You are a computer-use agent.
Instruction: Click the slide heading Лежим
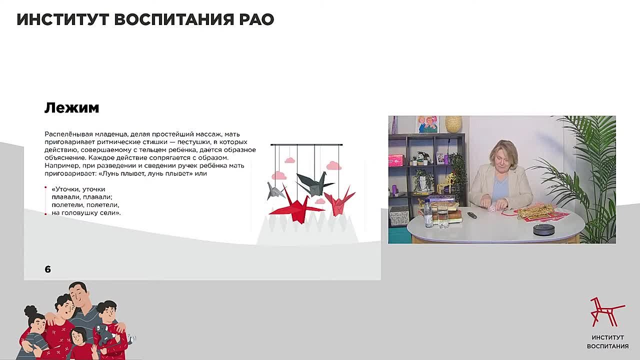pos(71,107)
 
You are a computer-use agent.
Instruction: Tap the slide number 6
pos(48,269)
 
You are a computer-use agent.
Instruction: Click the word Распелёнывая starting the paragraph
pos(66,134)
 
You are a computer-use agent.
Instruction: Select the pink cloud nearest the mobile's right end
pos(333,166)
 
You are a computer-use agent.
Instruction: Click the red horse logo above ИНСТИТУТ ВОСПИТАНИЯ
pos(606,311)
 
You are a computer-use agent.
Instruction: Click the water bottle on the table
pos(428,214)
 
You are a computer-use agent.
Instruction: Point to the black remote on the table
pos(471,215)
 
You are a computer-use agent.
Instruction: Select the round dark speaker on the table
pos(543,229)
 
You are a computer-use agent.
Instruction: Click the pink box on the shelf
pos(395,160)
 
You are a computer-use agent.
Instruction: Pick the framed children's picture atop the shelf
pos(427,124)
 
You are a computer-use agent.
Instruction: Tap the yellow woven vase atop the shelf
pos(453,124)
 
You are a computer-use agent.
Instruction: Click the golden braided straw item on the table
pos(535,211)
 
